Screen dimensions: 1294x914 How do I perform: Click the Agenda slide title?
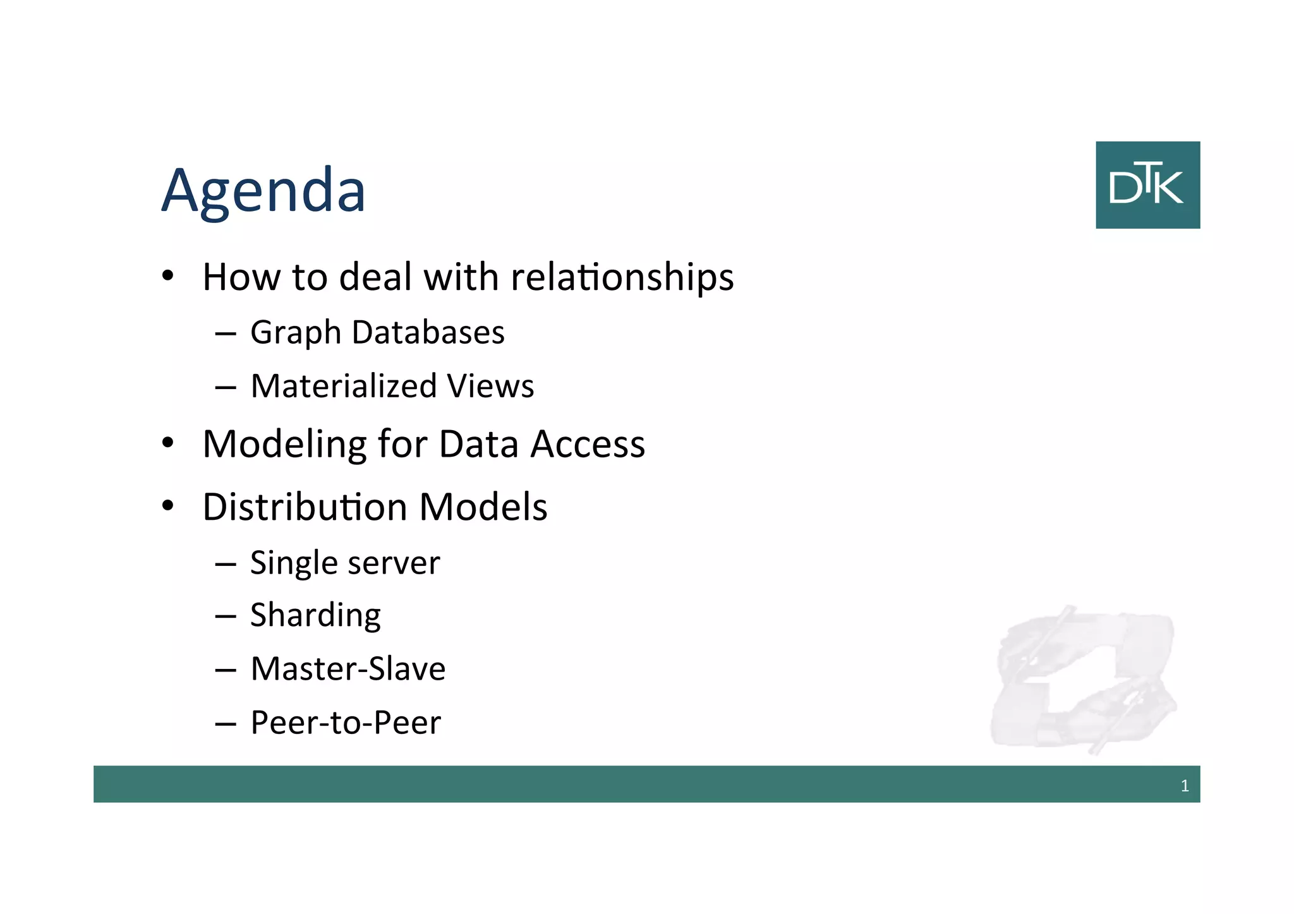coord(263,191)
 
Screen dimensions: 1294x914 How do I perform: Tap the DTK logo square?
coord(1147,185)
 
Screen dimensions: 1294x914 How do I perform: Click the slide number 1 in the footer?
coord(1185,786)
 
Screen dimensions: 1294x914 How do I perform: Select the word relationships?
coord(622,278)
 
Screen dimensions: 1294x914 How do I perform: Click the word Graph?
coord(296,333)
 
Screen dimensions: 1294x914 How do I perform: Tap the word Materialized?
coord(344,386)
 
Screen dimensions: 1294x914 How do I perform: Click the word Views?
coord(490,386)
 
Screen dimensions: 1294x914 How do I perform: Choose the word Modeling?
coord(284,445)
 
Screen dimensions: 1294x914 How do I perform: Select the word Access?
coord(588,444)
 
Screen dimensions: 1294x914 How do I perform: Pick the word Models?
coord(483,507)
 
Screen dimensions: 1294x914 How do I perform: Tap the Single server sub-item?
coord(345,563)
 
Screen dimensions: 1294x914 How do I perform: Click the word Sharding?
coord(315,616)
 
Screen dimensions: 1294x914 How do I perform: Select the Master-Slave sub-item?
coord(348,669)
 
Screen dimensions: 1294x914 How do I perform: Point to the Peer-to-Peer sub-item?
coord(346,723)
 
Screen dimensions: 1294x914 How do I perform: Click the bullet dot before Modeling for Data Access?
coord(167,443)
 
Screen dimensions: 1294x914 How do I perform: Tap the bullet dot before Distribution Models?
coord(167,506)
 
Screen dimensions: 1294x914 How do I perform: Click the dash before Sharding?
coord(226,616)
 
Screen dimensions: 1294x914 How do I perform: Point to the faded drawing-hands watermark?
coord(1083,679)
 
